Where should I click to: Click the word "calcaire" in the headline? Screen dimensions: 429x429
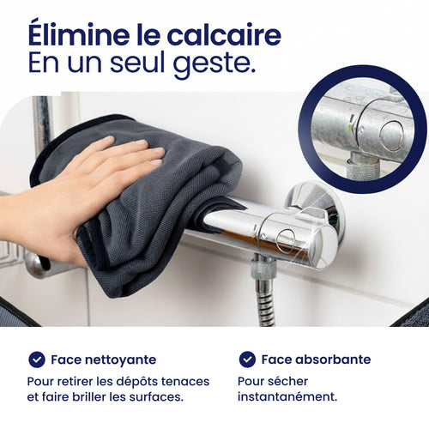[x=224, y=35]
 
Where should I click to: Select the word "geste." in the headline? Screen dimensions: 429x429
[x=214, y=64]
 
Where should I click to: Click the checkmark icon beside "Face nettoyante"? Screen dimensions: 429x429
[x=37, y=360]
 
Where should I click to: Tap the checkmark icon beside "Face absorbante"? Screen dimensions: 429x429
[x=247, y=360]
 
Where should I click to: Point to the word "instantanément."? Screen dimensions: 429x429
[x=287, y=396]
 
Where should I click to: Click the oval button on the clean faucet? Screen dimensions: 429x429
[x=286, y=242]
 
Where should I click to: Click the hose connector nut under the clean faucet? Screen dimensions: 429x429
[x=263, y=268]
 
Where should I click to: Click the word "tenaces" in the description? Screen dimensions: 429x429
[x=185, y=382]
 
